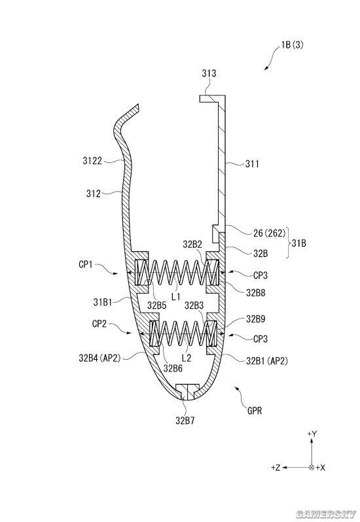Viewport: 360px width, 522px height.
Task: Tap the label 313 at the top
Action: (x=209, y=73)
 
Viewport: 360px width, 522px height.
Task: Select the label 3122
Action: (x=92, y=161)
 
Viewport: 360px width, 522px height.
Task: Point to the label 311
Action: (x=252, y=164)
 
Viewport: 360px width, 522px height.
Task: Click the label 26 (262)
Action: (x=269, y=234)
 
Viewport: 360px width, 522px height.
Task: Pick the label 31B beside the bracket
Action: (x=298, y=243)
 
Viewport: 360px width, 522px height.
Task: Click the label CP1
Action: (x=85, y=265)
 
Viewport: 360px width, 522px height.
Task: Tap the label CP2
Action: (x=99, y=324)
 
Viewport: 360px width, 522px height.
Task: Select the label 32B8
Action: (x=256, y=293)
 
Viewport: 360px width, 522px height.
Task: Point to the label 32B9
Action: (x=256, y=319)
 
